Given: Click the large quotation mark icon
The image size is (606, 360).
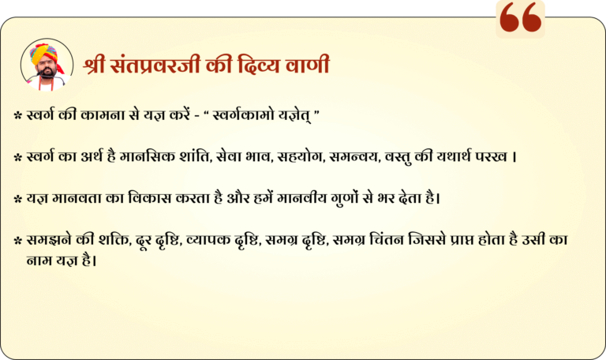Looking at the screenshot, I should (520, 17).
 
